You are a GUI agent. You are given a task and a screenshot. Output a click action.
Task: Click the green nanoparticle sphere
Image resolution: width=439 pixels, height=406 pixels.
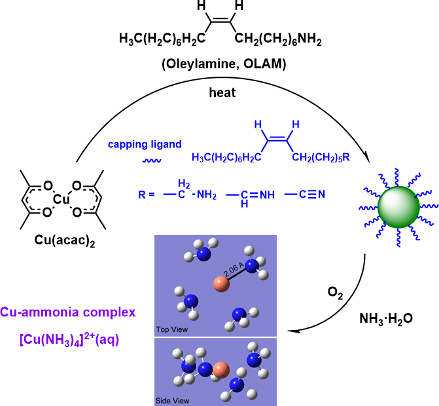(391, 206)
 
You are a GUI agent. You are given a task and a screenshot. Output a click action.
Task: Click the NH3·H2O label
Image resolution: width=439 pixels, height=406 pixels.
(386, 319)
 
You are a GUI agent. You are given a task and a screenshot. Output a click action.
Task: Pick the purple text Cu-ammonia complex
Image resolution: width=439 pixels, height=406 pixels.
(68, 313)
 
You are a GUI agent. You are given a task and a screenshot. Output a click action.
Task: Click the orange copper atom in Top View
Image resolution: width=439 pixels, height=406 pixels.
(221, 284)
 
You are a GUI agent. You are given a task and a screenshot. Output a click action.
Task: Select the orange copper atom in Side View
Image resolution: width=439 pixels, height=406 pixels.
(220, 369)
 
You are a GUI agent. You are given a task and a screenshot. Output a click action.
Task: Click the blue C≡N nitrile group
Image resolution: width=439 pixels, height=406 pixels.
(305, 194)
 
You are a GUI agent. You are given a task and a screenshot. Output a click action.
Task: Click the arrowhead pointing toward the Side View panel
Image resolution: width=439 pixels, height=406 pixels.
(292, 331)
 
